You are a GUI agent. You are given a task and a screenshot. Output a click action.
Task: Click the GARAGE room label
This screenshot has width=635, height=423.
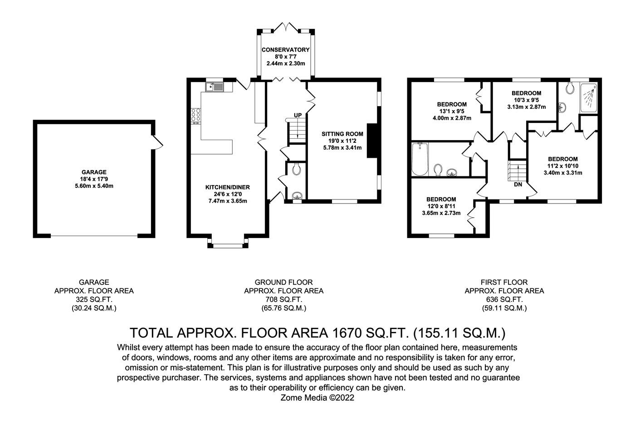click(x=94, y=172)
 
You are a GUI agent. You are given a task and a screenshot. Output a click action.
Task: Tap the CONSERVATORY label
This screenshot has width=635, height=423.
click(x=285, y=50)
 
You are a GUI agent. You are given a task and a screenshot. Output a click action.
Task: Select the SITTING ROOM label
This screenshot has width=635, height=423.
click(x=342, y=134)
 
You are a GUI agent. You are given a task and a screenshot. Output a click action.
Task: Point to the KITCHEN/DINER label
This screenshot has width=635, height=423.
click(x=227, y=187)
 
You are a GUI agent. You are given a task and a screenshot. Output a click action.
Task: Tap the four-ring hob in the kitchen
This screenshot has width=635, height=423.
click(x=196, y=115)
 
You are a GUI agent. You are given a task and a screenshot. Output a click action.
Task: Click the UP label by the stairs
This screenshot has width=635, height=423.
click(x=298, y=115)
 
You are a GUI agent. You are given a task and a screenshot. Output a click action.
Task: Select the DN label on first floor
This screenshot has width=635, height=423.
click(x=518, y=185)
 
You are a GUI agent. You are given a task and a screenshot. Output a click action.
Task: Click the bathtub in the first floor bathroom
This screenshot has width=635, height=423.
click(x=420, y=159)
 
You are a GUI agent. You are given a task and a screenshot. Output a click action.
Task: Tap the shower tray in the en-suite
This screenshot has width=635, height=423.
click(x=589, y=98)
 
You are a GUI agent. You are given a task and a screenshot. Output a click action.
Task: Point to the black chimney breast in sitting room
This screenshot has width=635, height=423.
click(x=372, y=141)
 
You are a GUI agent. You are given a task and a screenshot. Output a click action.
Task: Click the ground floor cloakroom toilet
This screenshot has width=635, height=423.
click(x=296, y=169)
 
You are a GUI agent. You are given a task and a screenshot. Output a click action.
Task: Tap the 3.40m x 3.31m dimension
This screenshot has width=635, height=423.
click(x=563, y=173)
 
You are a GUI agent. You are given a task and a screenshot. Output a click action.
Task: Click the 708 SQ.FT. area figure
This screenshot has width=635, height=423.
click(x=284, y=300)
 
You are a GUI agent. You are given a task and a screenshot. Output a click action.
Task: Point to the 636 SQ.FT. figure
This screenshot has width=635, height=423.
click(x=504, y=300)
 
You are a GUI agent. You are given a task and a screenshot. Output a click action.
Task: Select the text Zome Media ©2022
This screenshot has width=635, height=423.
click(x=317, y=398)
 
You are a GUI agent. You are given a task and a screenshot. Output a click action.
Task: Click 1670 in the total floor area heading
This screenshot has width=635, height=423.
click(x=345, y=333)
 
